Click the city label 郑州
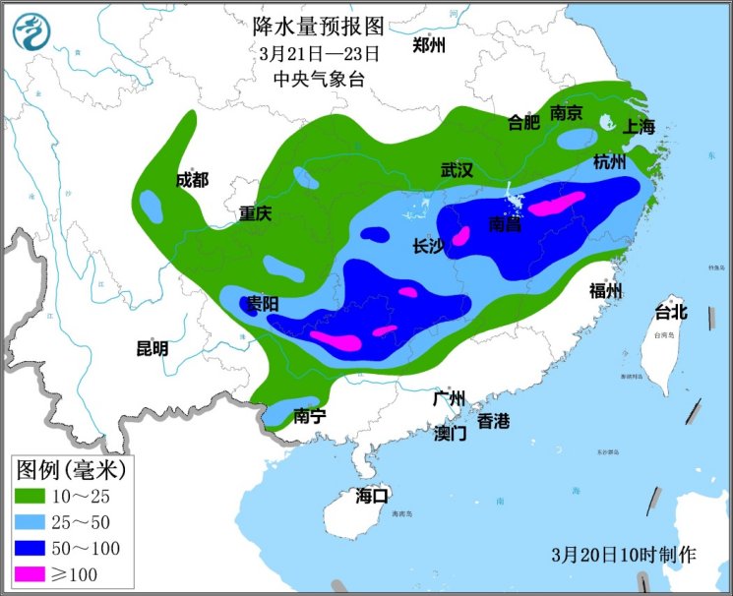[x=429, y=45]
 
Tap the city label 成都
[x=192, y=179]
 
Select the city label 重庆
[x=254, y=212]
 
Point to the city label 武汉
[x=457, y=170]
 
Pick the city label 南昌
[x=506, y=225]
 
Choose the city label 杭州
[x=609, y=161]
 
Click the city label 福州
[x=605, y=290]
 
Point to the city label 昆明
[x=153, y=348]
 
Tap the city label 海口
[x=373, y=496]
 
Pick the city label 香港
[x=494, y=421]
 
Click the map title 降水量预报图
[x=319, y=24]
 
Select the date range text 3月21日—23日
[x=319, y=52]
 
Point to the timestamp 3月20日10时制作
[x=624, y=555]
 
